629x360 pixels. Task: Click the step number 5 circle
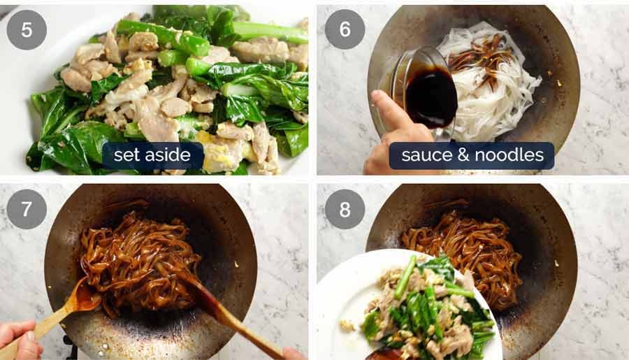pyautogui.click(x=27, y=29)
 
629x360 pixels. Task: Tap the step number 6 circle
pyautogui.click(x=345, y=29)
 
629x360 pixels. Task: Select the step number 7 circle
pyautogui.click(x=27, y=209)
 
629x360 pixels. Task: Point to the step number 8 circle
pyautogui.click(x=345, y=209)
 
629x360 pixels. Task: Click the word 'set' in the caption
pyautogui.click(x=128, y=155)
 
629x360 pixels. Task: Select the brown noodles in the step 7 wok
pyautogui.click(x=140, y=259)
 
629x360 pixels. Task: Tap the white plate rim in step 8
pyautogui.click(x=335, y=294)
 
